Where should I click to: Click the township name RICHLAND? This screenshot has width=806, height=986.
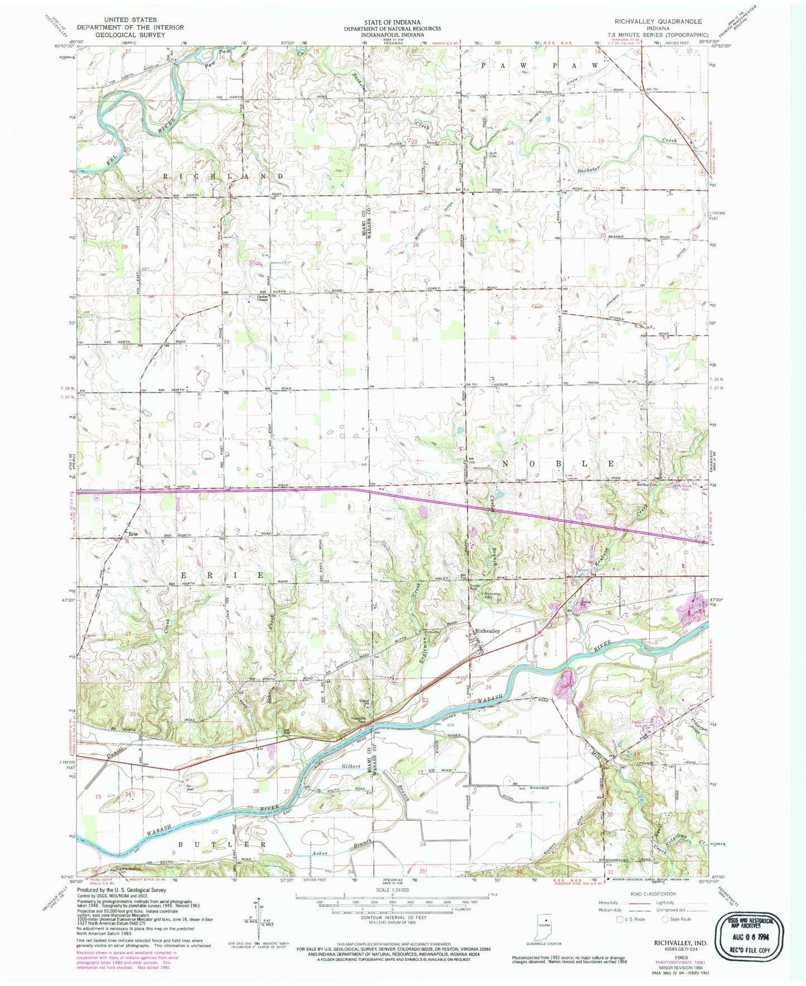[223, 176]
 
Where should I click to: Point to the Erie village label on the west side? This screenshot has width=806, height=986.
[133, 534]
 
